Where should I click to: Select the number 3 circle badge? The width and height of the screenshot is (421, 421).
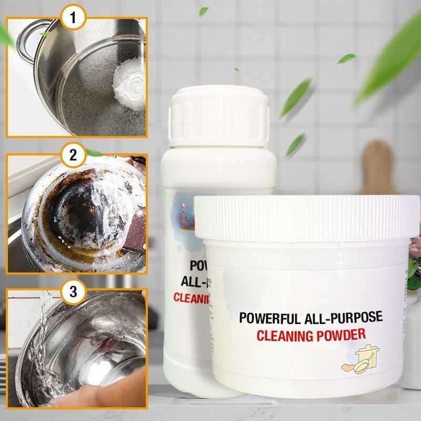[74, 290]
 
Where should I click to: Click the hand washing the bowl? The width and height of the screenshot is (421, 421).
[105, 390]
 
